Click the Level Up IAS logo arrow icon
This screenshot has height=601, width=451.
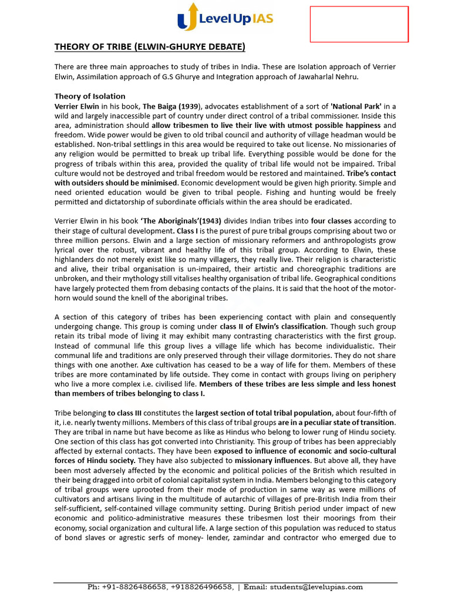pyautogui.click(x=184, y=17)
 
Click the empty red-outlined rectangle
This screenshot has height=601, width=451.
pyautogui.click(x=359, y=25)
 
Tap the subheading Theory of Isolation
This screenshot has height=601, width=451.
pyautogui.click(x=90, y=96)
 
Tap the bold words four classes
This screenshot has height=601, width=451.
pyautogui.click(x=331, y=221)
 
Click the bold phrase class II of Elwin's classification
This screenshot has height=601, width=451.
pyautogui.click(x=272, y=326)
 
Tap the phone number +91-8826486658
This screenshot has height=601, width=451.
pyautogui.click(x=127, y=587)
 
